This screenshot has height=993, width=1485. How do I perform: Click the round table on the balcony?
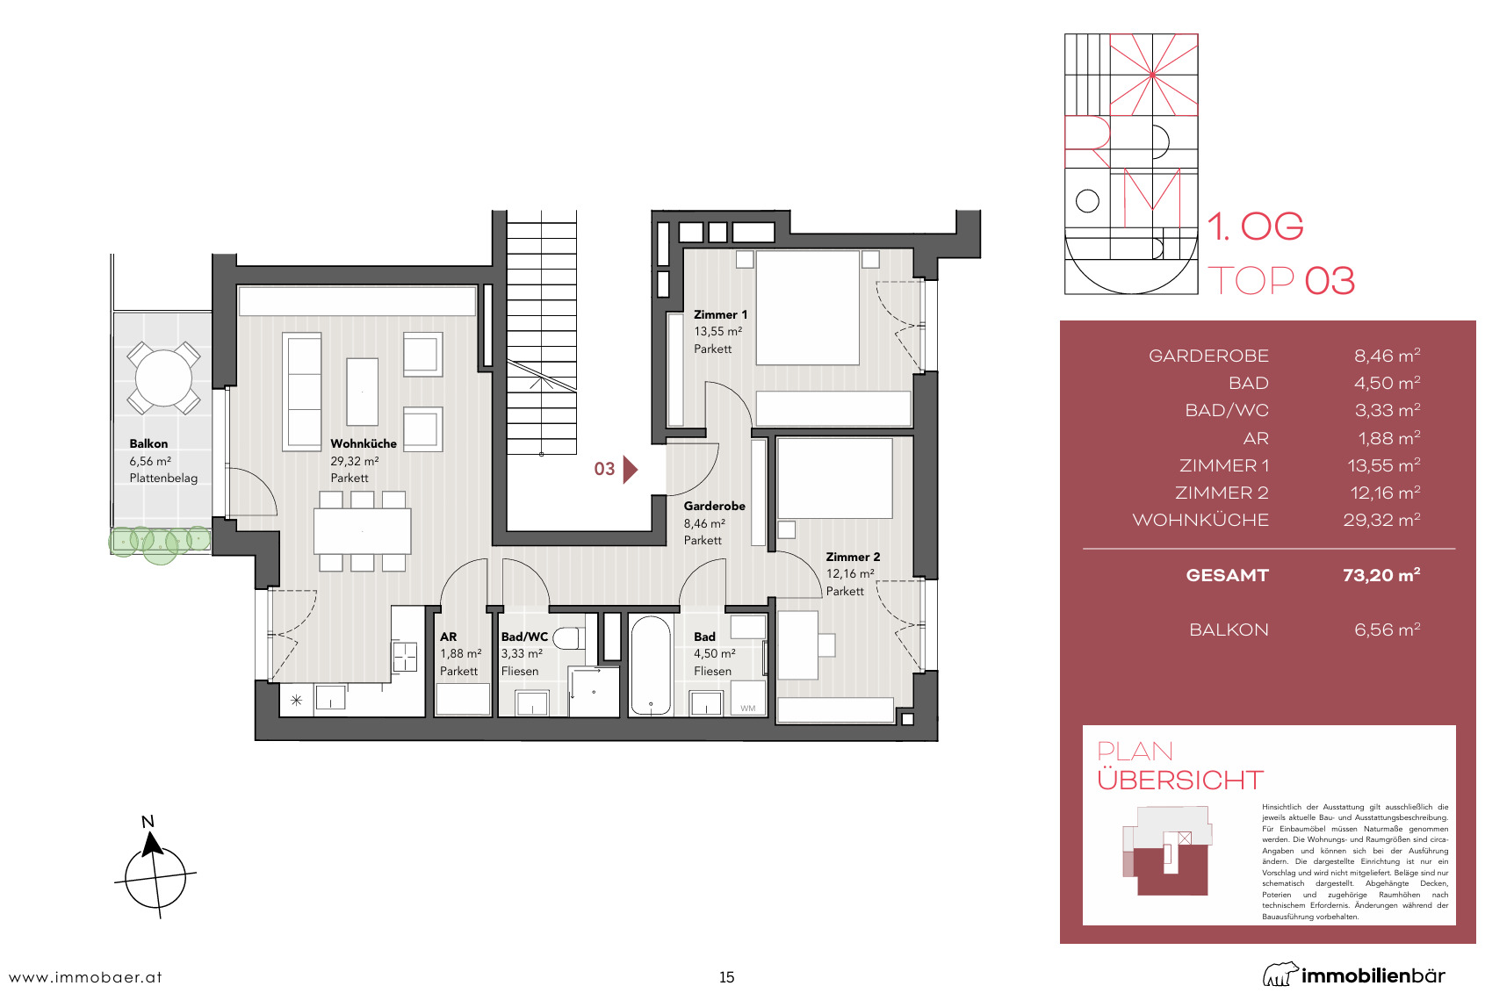click(163, 378)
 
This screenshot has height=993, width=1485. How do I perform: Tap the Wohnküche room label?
click(364, 443)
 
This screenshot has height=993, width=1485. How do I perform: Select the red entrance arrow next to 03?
click(631, 470)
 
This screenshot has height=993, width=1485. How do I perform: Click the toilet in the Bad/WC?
click(569, 638)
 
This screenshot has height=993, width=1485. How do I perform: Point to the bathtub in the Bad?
click(651, 666)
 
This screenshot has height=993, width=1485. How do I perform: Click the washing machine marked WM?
click(748, 698)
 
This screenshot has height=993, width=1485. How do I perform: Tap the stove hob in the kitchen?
click(404, 657)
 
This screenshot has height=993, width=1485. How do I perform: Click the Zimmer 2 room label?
click(853, 557)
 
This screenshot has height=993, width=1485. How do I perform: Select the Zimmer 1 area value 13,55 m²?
click(717, 332)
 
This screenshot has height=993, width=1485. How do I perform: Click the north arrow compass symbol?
click(155, 869)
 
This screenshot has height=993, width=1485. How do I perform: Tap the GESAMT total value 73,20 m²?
click(1380, 575)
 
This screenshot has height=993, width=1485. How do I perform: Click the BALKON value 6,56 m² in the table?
click(1387, 630)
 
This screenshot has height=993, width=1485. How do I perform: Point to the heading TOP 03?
click(1280, 280)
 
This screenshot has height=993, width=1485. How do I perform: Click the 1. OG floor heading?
click(1255, 227)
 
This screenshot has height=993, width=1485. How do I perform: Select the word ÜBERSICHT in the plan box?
click(1180, 781)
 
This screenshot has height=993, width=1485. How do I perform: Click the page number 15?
click(726, 977)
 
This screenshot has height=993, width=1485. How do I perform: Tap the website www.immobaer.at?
click(85, 977)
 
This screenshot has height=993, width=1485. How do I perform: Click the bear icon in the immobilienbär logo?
click(1279, 975)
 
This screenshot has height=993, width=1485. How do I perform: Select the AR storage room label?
click(448, 637)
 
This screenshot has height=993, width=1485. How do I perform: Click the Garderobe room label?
click(714, 506)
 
